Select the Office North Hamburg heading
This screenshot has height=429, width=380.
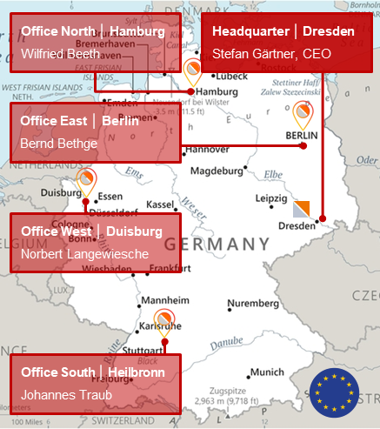coord(93,31)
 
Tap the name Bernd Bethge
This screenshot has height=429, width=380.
coord(59,143)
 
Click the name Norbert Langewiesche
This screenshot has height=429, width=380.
coord(85,254)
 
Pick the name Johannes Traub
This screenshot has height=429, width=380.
coord(63,393)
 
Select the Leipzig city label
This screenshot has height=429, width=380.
coord(271,198)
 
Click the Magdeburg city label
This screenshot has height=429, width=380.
coord(216,171)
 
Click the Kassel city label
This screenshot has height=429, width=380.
coord(161,204)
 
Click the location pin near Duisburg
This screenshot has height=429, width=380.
coord(85,180)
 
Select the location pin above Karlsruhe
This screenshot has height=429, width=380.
coord(163,320)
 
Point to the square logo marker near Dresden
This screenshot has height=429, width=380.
coord(301,208)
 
